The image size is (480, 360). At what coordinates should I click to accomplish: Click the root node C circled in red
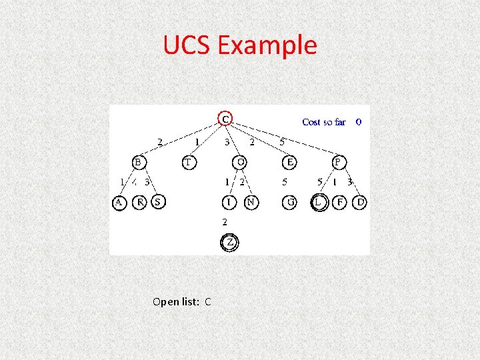[226, 119]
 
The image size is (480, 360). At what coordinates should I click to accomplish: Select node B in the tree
[138, 161]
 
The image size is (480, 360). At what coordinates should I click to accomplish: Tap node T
[189, 161]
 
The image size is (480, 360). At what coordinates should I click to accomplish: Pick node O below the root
[240, 161]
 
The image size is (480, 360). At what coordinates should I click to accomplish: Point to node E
[289, 161]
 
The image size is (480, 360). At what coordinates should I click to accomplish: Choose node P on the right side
[339, 161]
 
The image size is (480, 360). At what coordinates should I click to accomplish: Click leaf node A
[119, 201]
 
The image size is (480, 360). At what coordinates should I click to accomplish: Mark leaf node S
[158, 201]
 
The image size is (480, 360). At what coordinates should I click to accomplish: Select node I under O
[229, 201]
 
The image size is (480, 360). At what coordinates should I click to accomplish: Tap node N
[251, 201]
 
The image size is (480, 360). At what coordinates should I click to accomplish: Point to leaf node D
[360, 201]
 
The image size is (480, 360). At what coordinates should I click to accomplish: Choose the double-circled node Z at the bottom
[229, 242]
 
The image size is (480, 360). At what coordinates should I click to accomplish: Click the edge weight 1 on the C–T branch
[197, 141]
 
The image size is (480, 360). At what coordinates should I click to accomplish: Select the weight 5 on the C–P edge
[283, 141]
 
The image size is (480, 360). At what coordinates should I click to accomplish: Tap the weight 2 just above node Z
[225, 221]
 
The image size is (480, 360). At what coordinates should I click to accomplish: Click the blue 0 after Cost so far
[359, 122]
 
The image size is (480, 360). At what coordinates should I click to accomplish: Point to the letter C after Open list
[208, 301]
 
